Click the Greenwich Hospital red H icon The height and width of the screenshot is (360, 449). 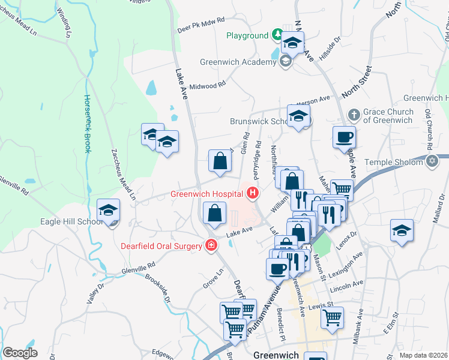click(x=253, y=193)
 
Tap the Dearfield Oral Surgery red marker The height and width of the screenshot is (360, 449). click(x=211, y=245)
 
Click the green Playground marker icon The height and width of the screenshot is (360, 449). click(x=277, y=35)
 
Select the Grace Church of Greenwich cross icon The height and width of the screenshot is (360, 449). click(x=355, y=113)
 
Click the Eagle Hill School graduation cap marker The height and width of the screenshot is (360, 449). click(x=109, y=211)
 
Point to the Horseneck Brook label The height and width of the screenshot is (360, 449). click(x=87, y=124)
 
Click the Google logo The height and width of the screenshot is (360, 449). click(x=20, y=353)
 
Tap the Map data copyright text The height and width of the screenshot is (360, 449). click(x=423, y=355)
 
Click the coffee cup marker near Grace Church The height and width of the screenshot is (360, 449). click(x=344, y=137)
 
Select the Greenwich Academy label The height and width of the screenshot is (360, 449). click(x=239, y=60)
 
